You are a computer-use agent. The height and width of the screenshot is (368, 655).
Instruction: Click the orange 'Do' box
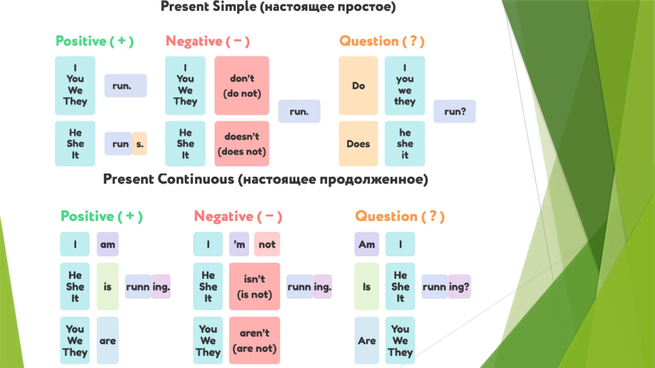pyautogui.click(x=358, y=86)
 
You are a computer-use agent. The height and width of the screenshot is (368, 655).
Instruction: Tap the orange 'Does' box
pyautogui.click(x=358, y=144)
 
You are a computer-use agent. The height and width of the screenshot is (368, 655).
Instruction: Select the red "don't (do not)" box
pyautogui.click(x=242, y=86)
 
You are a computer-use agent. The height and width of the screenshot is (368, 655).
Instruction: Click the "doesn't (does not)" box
pyautogui.click(x=242, y=144)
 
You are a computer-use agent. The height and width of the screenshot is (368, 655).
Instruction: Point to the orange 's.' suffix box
pyautogui.click(x=140, y=144)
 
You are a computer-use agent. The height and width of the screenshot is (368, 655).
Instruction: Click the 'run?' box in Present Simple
pyautogui.click(x=454, y=111)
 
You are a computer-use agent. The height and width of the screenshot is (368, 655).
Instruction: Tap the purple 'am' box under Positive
pyautogui.click(x=107, y=244)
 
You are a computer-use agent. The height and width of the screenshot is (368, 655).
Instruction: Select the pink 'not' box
pyautogui.click(x=267, y=244)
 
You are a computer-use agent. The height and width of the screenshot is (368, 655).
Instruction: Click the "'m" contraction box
pyautogui.click(x=239, y=244)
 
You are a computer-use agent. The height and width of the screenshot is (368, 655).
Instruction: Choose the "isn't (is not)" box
pyautogui.click(x=254, y=286)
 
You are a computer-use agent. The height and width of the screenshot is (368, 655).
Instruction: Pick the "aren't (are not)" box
pyautogui.click(x=254, y=341)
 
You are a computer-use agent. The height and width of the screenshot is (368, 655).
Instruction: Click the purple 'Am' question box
pyautogui.click(x=367, y=244)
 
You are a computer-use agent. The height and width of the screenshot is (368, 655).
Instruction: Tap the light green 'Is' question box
pyautogui.click(x=367, y=286)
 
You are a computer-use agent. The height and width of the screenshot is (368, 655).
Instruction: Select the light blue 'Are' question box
pyautogui.click(x=367, y=341)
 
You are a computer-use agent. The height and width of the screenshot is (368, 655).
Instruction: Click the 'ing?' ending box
pyautogui.click(x=459, y=287)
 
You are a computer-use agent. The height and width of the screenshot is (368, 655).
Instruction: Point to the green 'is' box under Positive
pyautogui.click(x=107, y=286)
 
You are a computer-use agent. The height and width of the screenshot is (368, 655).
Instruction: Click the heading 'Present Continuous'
pyautogui.click(x=265, y=179)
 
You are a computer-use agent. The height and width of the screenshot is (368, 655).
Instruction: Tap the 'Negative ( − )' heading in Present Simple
pyautogui.click(x=208, y=42)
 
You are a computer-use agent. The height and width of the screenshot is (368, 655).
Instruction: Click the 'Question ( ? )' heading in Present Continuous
pyautogui.click(x=400, y=217)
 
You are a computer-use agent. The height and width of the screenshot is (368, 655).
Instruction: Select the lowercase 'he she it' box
pyautogui.click(x=405, y=144)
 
